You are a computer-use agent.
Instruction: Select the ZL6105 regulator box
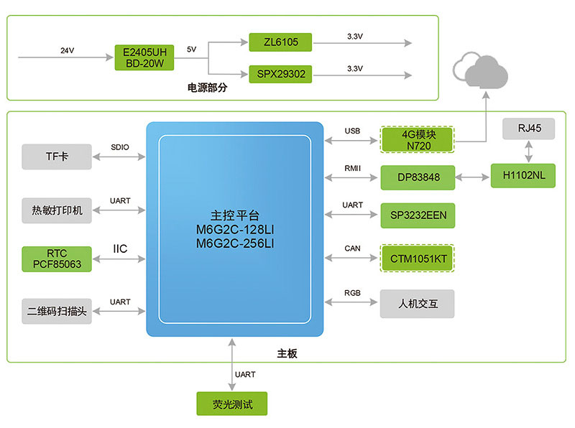pyautogui.click(x=281, y=42)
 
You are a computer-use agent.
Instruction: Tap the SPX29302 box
pyautogui.click(x=281, y=73)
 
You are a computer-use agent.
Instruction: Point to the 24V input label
pyautogui.click(x=67, y=50)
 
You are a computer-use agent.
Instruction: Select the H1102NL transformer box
pyautogui.click(x=523, y=175)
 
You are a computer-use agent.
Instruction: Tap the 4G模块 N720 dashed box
pyautogui.click(x=418, y=139)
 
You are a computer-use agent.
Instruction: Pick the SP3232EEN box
pyautogui.click(x=418, y=215)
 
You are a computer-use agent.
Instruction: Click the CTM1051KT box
pyautogui.click(x=418, y=258)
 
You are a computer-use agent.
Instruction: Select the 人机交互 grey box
pyautogui.click(x=418, y=304)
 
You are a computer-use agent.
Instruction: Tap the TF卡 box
pyautogui.click(x=57, y=156)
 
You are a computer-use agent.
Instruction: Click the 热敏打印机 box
pyautogui.click(x=57, y=210)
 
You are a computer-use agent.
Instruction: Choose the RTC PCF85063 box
pyautogui.click(x=57, y=258)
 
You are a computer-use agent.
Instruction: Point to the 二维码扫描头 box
pyautogui.click(x=57, y=312)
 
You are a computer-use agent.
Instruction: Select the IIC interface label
pyautogui.click(x=120, y=249)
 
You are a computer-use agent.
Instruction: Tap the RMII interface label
pyautogui.click(x=352, y=168)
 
